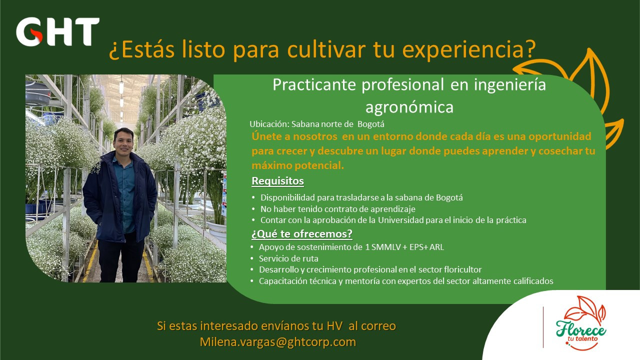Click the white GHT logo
(x=57, y=31)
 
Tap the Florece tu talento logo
(x=581, y=323)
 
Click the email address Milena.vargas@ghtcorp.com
(x=277, y=342)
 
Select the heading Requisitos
(x=277, y=181)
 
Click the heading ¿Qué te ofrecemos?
(x=301, y=234)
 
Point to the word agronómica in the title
(x=409, y=107)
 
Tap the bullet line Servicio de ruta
(x=288, y=258)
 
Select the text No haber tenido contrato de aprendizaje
(x=337, y=209)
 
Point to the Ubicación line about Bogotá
(x=317, y=124)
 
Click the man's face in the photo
(x=123, y=142)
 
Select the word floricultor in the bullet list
(x=463, y=269)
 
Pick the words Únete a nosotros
(x=294, y=136)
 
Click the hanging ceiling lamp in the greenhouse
(x=121, y=86)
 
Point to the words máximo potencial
(x=297, y=165)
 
